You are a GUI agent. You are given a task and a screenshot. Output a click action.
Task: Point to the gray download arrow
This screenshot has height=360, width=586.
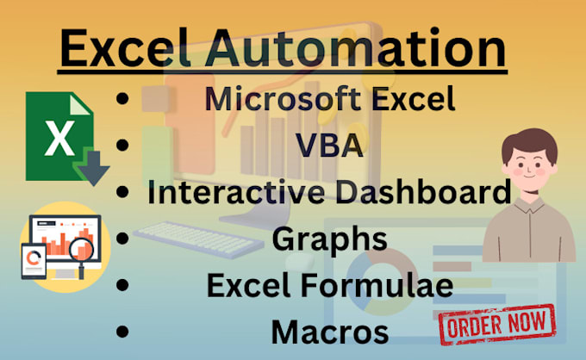click(91, 167)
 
